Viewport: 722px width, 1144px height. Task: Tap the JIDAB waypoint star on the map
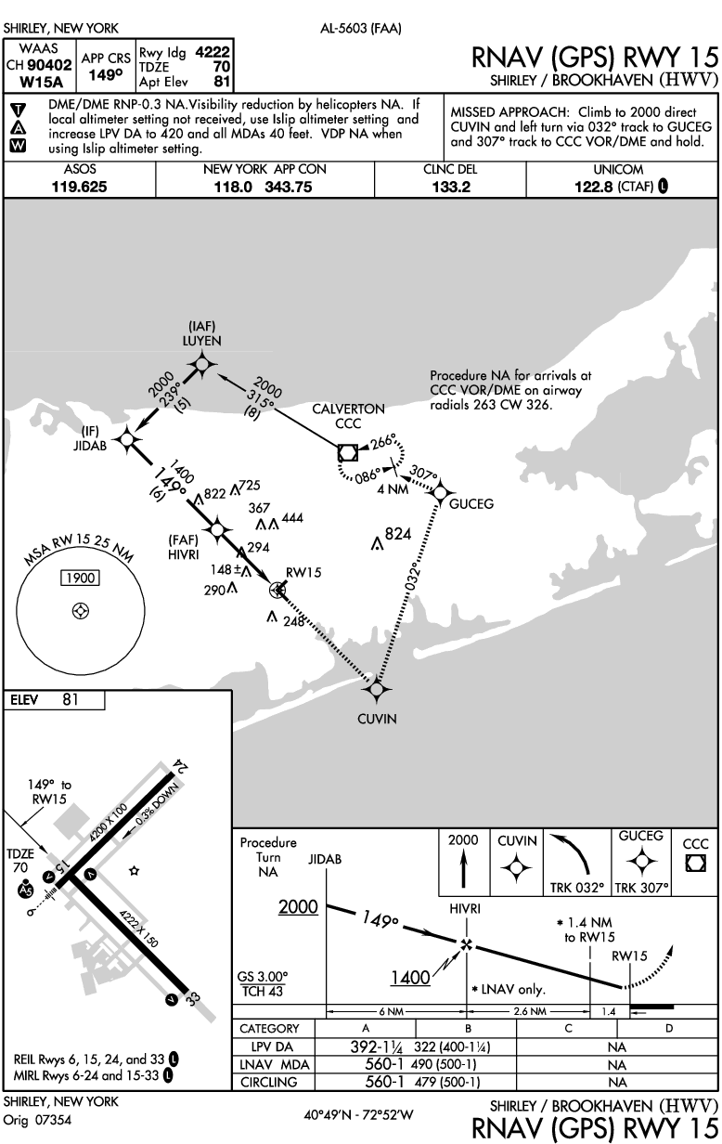pos(126,435)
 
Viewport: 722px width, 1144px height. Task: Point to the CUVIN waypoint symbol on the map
pos(376,689)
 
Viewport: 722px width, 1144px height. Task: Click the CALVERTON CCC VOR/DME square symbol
pos(348,452)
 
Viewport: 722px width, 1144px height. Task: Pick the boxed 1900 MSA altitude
pos(79,578)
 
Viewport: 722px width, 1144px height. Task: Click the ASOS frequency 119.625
pos(80,187)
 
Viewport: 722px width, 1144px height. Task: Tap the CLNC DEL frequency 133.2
pos(450,187)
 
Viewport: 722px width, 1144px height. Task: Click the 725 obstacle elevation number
pos(251,487)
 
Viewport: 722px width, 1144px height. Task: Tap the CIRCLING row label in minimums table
pos(269,1081)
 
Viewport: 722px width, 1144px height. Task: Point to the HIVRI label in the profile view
pos(465,909)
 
